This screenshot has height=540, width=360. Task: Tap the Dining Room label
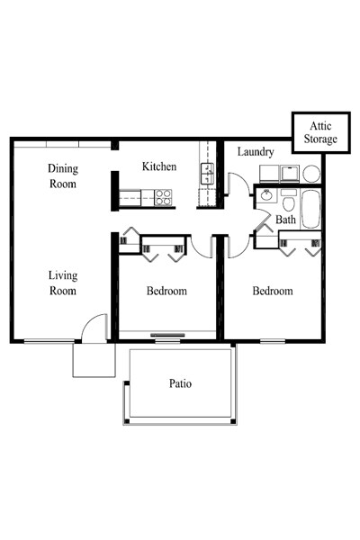pyautogui.click(x=63, y=175)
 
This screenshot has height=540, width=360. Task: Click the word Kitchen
pyautogui.click(x=159, y=167)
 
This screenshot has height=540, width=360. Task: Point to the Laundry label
pyautogui.click(x=256, y=152)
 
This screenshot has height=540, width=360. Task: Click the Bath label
pyautogui.click(x=285, y=220)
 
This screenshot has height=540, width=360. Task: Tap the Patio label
pyautogui.click(x=180, y=383)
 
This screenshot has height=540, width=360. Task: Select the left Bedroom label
pyautogui.click(x=166, y=291)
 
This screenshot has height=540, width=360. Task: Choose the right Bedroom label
pyautogui.click(x=272, y=291)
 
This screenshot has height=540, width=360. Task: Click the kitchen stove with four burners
pyautogui.click(x=163, y=197)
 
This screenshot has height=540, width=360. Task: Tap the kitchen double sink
pyautogui.click(x=206, y=175)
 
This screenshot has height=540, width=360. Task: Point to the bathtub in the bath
pyautogui.click(x=311, y=210)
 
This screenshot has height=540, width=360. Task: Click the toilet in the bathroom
pyautogui.click(x=288, y=197)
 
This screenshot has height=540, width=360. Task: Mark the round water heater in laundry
pyautogui.click(x=310, y=173)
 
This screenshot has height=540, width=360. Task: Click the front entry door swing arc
pyautogui.click(x=94, y=328)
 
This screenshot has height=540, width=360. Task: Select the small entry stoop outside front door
pyautogui.click(x=94, y=360)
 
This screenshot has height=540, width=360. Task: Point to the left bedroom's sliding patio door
pyautogui.click(x=166, y=338)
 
